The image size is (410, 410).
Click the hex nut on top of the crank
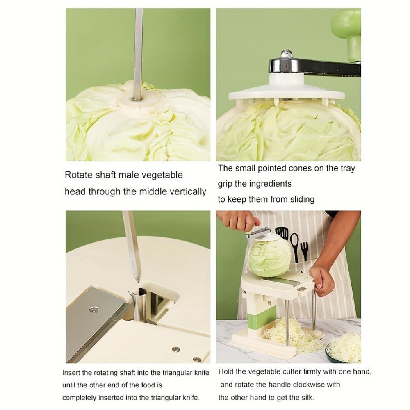286,54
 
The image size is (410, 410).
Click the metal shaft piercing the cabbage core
138,54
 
